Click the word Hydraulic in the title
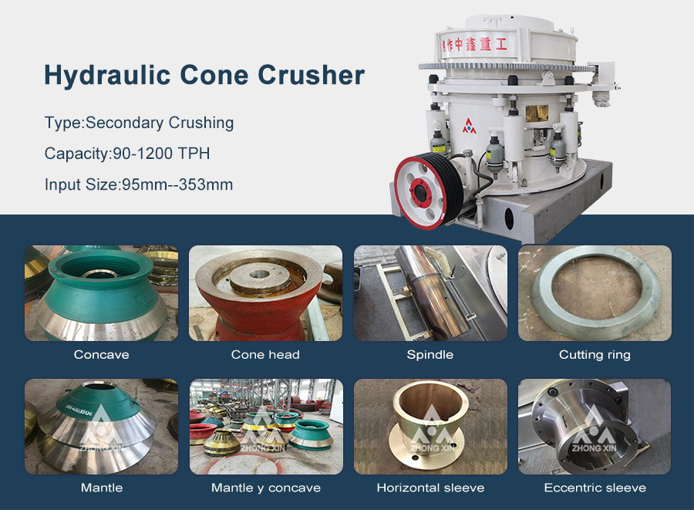tap(107, 75)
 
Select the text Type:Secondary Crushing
tap(139, 123)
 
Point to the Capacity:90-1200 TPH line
tap(127, 154)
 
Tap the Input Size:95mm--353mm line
tap(139, 184)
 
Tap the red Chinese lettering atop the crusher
tap(473, 44)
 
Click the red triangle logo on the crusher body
tap(469, 125)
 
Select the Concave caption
tap(101, 355)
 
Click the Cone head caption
tap(265, 355)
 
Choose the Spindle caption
tap(430, 355)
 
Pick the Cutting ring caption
tap(595, 355)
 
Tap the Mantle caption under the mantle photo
tap(102, 488)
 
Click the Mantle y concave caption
tap(266, 488)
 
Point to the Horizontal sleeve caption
tap(430, 488)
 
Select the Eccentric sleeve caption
tap(595, 488)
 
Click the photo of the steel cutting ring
tap(595, 293)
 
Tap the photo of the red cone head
tap(265, 293)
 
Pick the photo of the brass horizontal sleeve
tap(430, 427)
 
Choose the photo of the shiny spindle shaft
tap(430, 293)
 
